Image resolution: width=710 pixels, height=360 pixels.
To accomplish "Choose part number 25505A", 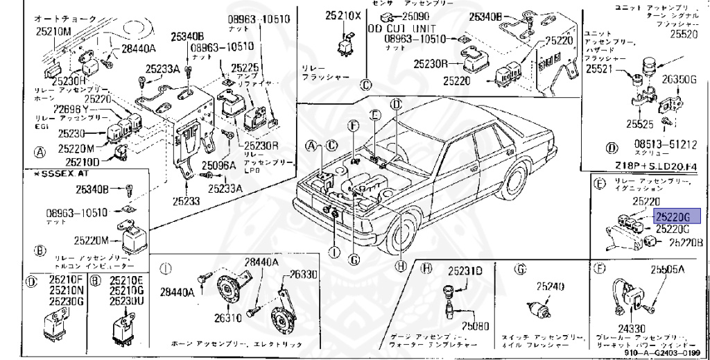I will pyautogui.click(x=667, y=269).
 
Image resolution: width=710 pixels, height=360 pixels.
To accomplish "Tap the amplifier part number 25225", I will pyautogui.click(x=244, y=68).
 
